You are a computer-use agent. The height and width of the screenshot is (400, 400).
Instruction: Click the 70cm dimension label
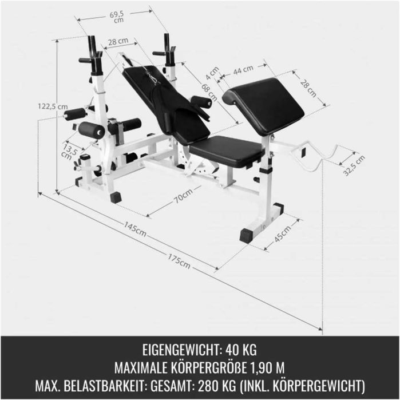tap(183, 196)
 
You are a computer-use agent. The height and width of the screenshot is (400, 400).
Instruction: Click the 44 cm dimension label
tap(243, 69)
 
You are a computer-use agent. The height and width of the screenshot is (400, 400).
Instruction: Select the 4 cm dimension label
tap(213, 73)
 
